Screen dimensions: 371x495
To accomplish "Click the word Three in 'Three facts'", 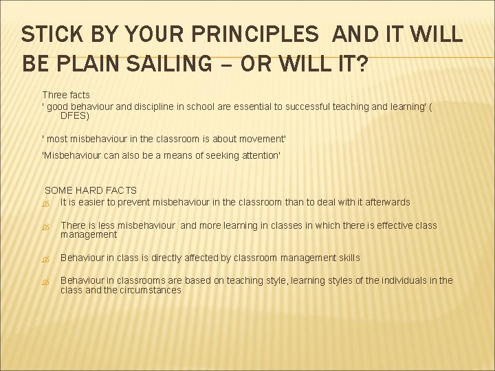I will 56,95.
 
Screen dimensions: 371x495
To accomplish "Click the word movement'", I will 258,139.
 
